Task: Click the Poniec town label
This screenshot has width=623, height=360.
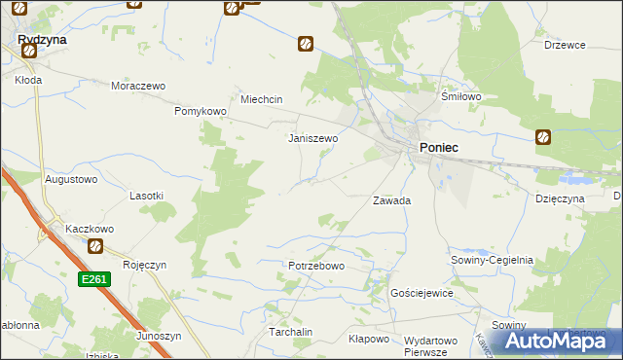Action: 439,147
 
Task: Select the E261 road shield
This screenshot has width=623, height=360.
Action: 94,279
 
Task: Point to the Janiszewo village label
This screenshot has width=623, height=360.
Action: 312,139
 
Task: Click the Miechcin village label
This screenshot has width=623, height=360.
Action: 262,100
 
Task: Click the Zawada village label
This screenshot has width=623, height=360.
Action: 392,200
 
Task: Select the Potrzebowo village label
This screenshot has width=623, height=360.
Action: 316,266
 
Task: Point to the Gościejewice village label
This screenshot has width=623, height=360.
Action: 421,293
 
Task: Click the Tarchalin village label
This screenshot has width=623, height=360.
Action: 290,332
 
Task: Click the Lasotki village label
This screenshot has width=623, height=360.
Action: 146,196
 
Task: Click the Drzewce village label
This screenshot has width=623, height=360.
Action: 565,46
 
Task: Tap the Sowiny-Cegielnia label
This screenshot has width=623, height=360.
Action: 492,261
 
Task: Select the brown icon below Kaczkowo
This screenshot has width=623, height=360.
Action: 94,246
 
